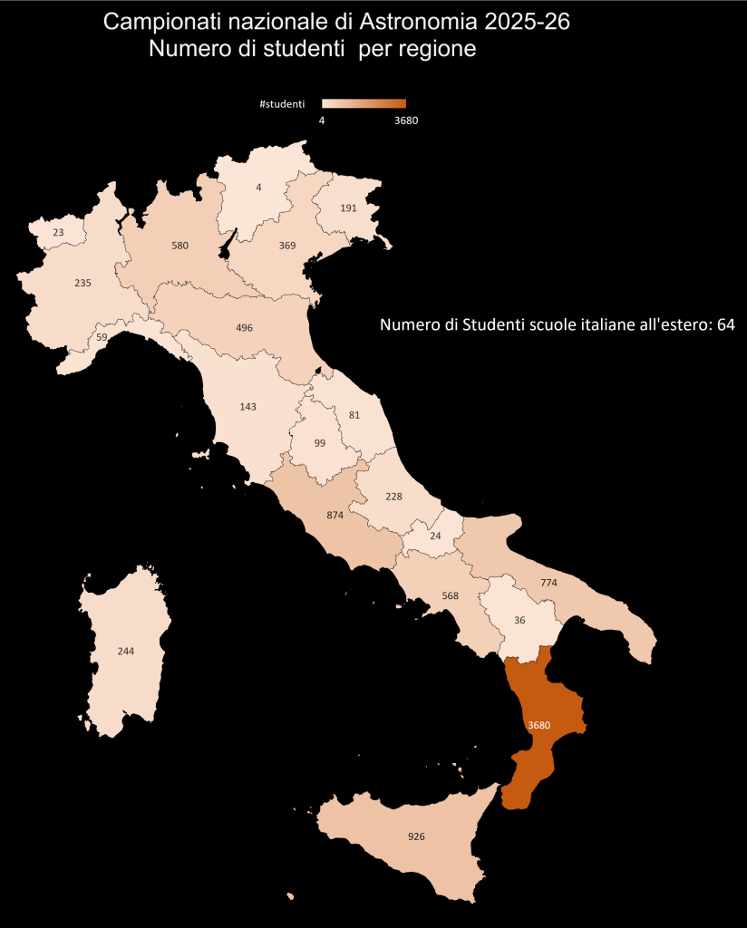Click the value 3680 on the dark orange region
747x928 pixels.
[x=538, y=725]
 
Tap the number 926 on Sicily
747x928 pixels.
[x=417, y=836]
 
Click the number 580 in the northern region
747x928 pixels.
[x=179, y=245]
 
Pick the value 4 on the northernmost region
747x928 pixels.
[x=258, y=188]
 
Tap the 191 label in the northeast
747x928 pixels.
[x=349, y=208]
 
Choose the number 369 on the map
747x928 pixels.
[x=287, y=245]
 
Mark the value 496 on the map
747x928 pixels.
[x=244, y=327]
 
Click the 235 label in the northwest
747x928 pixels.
[x=82, y=283]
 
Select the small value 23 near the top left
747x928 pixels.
[x=58, y=233]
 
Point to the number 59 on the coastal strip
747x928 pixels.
[x=102, y=337]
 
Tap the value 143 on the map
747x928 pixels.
[x=248, y=407]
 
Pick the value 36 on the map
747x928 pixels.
[x=519, y=620]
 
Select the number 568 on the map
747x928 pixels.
[x=450, y=596]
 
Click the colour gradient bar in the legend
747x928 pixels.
[x=364, y=104]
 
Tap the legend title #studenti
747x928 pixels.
[x=281, y=104]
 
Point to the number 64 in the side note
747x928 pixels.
[x=725, y=324]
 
